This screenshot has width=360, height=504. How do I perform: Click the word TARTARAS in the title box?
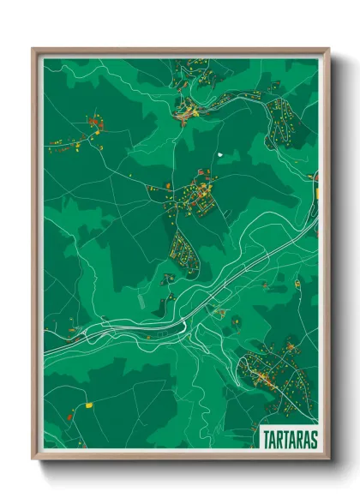(286, 439)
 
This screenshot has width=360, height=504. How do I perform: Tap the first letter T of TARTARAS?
(262, 439)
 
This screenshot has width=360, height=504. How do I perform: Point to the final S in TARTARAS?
(312, 439)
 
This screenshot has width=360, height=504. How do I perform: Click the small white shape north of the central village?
(220, 154)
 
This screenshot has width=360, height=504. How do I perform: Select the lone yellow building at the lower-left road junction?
(87, 402)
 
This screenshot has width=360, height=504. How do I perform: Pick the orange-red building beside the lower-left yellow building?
(72, 415)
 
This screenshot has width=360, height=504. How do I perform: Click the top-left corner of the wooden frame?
(33, 49)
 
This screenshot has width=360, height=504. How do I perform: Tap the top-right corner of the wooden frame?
(327, 49)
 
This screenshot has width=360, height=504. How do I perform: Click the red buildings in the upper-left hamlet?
(93, 124)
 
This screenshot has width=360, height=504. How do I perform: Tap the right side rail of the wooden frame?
(326, 257)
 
